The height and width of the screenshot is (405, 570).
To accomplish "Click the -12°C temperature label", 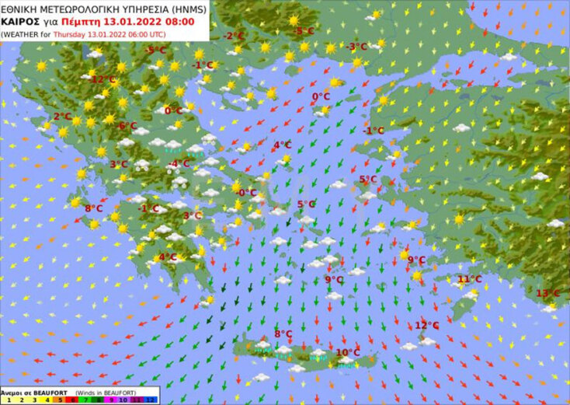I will [103, 79].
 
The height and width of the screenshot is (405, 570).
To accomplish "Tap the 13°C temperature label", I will [547, 293].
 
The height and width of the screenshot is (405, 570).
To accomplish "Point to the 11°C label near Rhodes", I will [469, 279].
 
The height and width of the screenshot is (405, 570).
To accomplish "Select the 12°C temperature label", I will [426, 325].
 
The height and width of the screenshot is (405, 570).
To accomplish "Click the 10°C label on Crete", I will [347, 352].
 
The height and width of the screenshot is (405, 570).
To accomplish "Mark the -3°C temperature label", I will [356, 47].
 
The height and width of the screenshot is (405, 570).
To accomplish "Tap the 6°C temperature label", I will [127, 125].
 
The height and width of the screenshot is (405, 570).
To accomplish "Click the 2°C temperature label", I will [62, 117].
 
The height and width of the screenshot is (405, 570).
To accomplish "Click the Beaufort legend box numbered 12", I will [151, 400].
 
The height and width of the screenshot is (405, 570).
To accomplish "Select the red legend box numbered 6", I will [72, 400].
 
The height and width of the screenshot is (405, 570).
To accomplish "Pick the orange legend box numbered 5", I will [60, 400].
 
